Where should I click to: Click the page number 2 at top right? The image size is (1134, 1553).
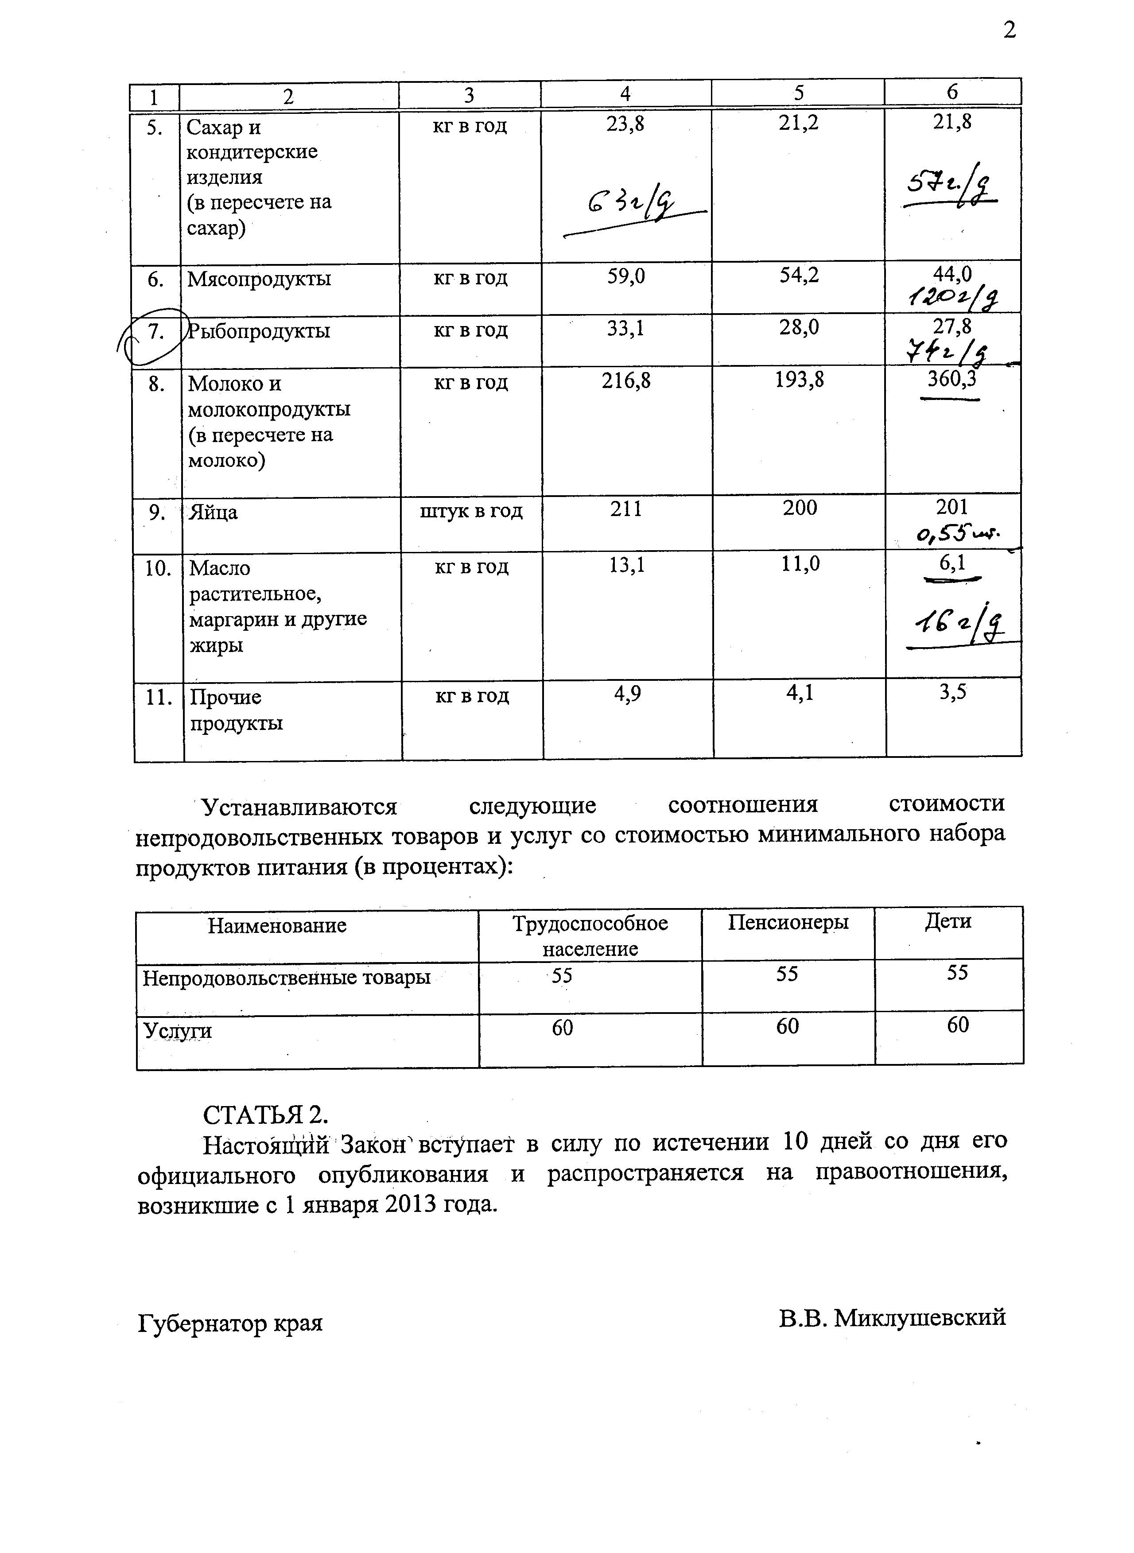1009,30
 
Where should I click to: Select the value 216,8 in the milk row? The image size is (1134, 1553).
626,380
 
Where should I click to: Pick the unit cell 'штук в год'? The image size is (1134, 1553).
471,511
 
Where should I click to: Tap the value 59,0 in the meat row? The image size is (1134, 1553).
625,276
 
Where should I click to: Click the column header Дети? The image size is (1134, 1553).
948,921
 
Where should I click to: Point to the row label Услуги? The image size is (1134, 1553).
177,1031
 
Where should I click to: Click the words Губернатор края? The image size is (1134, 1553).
230,1322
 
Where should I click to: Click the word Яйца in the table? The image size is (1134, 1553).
214,512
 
